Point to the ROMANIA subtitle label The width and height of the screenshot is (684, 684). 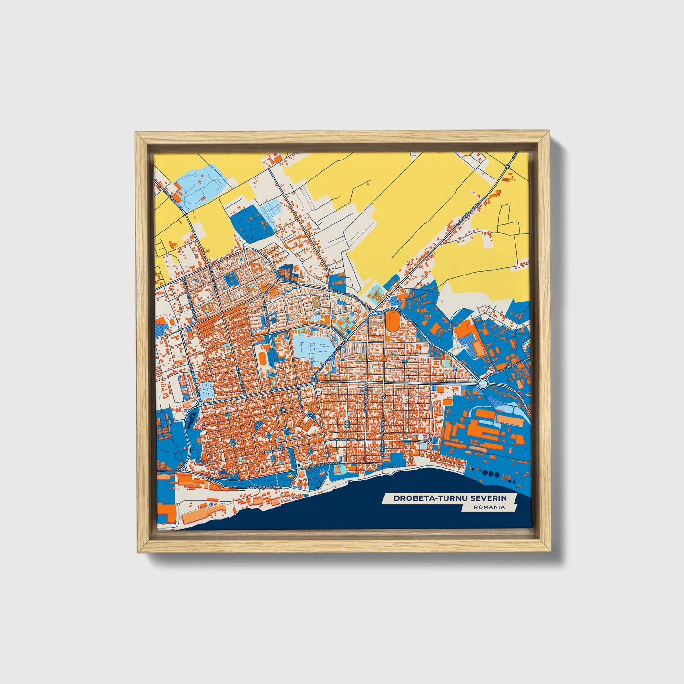pyautogui.click(x=489, y=507)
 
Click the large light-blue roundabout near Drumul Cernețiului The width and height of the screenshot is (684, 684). pyautogui.click(x=483, y=383)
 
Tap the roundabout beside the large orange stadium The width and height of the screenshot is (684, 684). pyautogui.click(x=373, y=311)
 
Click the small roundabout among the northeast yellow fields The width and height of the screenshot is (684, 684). pyautogui.click(x=507, y=167)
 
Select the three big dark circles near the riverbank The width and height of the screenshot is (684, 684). pyautogui.click(x=490, y=473)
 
